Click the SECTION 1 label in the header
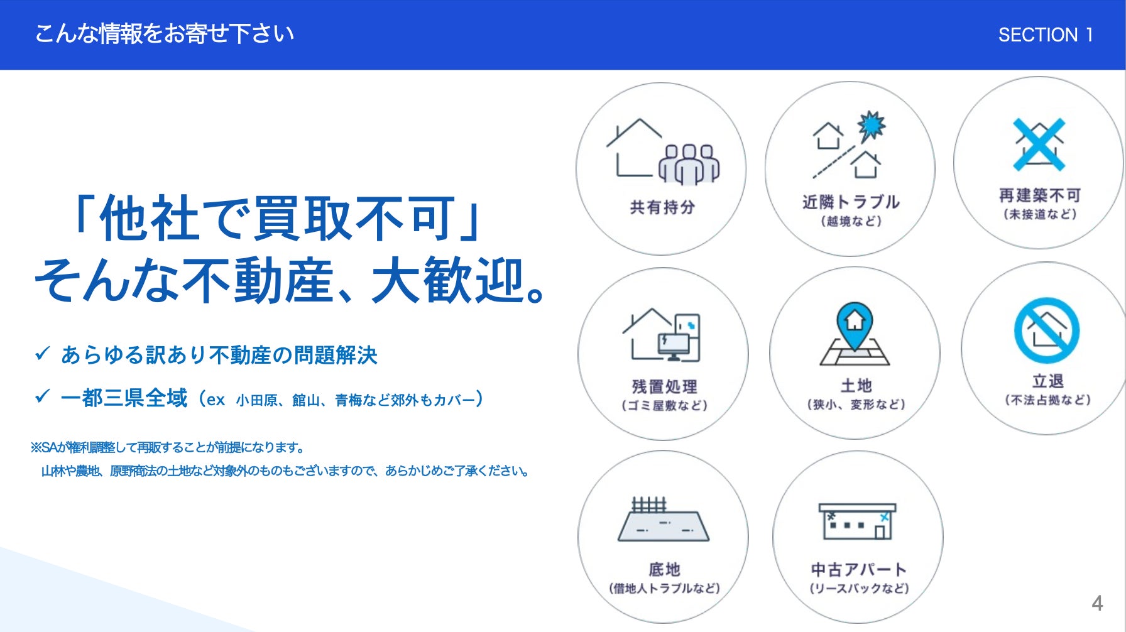[x=1046, y=35]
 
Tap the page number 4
[x=1097, y=603]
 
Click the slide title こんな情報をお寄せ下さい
[x=165, y=33]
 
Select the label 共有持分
[x=662, y=207]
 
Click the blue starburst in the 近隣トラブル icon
[x=872, y=126]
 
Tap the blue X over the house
[x=1039, y=144]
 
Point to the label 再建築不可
[x=1040, y=195]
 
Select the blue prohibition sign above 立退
[x=1047, y=330]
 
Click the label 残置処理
[x=665, y=386]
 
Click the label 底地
[x=665, y=569]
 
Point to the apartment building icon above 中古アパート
[x=857, y=521]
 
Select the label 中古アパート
[x=859, y=569]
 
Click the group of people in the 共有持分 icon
[x=689, y=165]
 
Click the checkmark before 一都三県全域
[x=42, y=396]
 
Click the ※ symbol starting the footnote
[x=36, y=447]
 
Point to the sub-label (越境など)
[x=851, y=221]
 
